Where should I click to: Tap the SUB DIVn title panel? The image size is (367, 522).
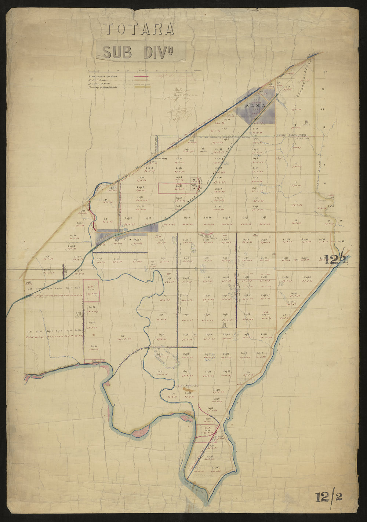[141, 51]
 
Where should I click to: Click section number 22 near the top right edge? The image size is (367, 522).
[325, 71]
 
